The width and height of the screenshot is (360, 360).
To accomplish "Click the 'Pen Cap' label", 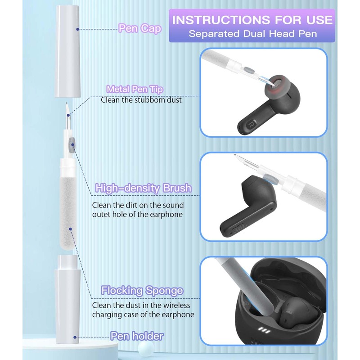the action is pos(140,28).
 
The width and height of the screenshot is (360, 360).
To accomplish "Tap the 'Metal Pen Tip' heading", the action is pos(135,89).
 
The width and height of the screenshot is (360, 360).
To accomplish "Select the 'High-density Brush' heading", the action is pos(143,188).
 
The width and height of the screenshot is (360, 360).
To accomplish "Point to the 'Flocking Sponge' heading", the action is pos(142,290).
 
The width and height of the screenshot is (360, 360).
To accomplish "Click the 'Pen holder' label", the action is pos(137,336).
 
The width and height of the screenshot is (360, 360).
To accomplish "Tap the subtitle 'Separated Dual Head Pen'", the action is pos(253,34).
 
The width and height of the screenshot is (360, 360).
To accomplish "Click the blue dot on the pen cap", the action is pos(77,29).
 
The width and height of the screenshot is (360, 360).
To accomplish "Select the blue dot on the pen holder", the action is pos(75,337).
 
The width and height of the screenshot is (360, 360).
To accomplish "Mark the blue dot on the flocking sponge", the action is pos(71,229).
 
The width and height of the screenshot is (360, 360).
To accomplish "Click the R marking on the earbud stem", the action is pos(251,124).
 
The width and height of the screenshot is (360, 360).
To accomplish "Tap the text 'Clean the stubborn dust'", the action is pos(141,100).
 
